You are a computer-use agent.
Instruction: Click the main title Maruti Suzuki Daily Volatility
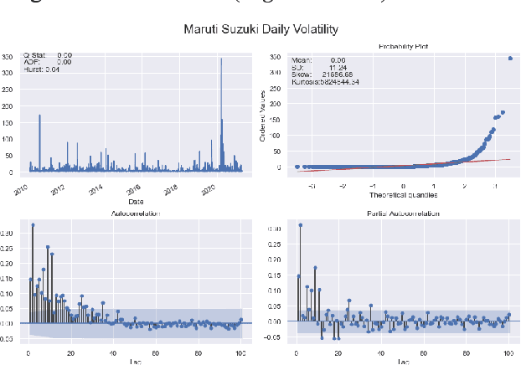click(x=260, y=29)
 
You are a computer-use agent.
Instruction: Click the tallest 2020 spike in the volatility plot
click(x=221, y=59)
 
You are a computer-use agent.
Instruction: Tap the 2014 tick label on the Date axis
click(x=98, y=188)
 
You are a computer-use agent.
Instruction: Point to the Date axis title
click(x=135, y=202)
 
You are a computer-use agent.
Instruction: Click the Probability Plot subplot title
click(x=402, y=46)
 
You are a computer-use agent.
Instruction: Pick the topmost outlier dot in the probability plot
click(x=510, y=58)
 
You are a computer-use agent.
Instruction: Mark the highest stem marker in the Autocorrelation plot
click(x=33, y=224)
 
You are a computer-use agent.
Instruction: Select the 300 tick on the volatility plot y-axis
click(x=8, y=58)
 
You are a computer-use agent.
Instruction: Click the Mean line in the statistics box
click(x=318, y=60)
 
